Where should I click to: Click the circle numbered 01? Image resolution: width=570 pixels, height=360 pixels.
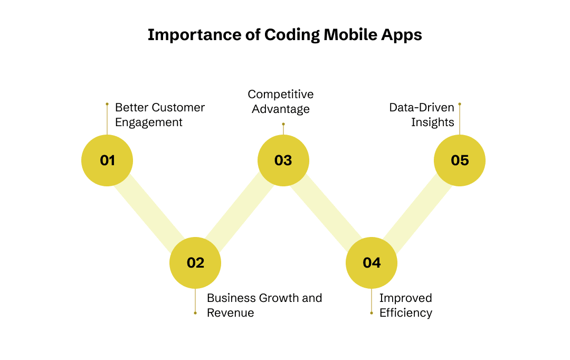click(107, 160)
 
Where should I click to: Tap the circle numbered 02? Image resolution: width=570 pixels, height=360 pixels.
click(195, 262)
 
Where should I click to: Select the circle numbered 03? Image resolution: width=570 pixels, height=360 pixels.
click(283, 160)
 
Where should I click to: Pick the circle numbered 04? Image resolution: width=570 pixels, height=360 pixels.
click(372, 262)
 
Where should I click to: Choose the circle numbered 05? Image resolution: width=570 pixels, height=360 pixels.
click(460, 160)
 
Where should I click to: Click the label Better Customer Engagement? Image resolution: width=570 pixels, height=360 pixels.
click(159, 115)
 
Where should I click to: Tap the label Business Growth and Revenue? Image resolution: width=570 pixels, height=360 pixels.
click(264, 305)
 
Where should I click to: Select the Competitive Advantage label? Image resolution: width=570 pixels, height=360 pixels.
click(281, 101)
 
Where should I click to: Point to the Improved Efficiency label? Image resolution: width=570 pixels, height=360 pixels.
click(405, 305)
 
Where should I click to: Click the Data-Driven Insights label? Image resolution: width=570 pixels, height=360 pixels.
click(422, 115)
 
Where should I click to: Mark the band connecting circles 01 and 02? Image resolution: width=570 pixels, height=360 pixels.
click(151, 211)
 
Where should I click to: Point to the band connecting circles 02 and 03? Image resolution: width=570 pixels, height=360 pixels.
click(240, 211)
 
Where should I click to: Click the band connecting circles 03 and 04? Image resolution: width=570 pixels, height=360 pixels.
click(327, 211)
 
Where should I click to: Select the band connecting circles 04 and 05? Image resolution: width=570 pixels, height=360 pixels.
click(416, 211)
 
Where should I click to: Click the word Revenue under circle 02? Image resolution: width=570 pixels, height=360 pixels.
click(230, 312)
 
